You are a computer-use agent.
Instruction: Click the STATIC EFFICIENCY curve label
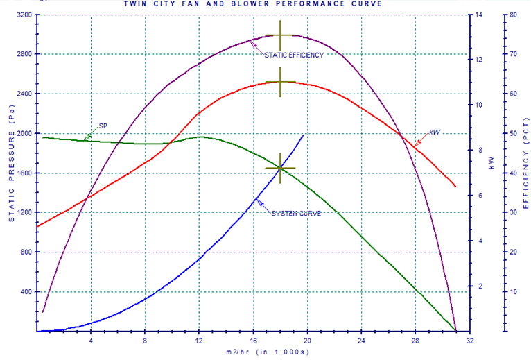click(294, 55)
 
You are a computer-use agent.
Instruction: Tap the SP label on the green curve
click(103, 126)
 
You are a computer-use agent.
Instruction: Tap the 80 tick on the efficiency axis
click(514, 15)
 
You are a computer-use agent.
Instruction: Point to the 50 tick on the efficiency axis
click(514, 133)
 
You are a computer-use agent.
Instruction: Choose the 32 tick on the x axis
click(470, 341)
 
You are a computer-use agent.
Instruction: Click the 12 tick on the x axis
click(200, 341)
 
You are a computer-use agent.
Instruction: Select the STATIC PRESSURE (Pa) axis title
click(10, 169)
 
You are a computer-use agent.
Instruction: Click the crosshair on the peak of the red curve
click(280, 82)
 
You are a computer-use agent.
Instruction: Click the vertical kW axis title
click(491, 164)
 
